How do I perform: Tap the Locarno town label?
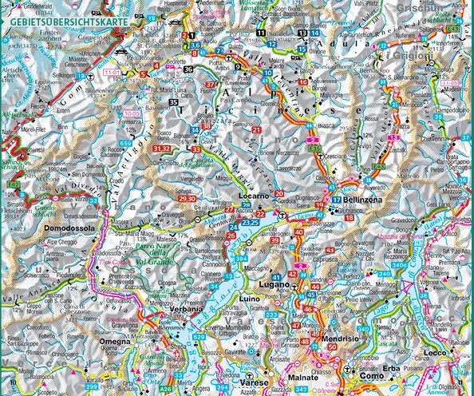point(257,196)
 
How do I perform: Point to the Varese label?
point(252,361)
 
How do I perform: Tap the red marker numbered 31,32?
point(162,148)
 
